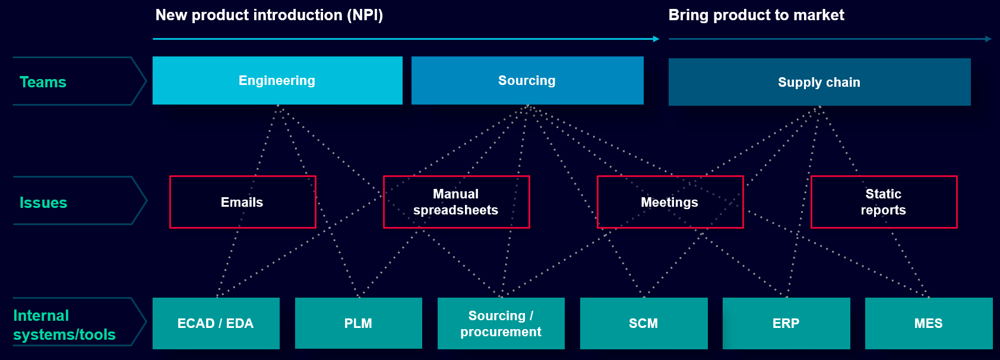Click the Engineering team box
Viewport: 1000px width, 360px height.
277,80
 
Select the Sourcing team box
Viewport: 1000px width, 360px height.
527,80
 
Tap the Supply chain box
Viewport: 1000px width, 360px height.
819,82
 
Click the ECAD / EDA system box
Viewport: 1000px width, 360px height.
216,323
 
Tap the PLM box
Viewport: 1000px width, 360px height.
359,323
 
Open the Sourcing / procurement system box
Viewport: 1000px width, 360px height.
501,323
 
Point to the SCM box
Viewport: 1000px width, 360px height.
644,323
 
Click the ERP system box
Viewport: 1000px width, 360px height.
786,323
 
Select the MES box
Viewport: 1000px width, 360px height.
929,323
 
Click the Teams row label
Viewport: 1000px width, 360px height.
43,82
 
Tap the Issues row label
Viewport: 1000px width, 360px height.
43,203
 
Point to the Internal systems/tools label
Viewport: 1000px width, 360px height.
64,325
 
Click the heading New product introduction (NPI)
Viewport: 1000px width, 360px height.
269,15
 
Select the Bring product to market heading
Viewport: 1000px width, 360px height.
757,15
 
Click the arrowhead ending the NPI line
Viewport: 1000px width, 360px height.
656,39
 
